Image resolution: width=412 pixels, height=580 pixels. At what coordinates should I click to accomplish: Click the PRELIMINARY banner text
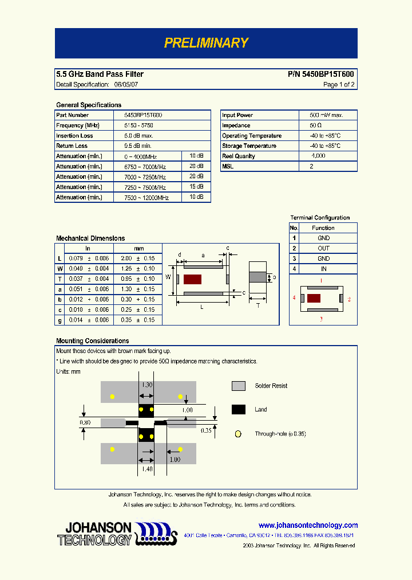206,43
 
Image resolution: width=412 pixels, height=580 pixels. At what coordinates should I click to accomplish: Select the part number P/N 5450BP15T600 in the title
321,75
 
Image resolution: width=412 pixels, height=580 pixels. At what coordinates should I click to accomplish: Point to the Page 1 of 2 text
339,85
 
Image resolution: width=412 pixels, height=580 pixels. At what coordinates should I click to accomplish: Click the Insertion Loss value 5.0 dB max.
138,136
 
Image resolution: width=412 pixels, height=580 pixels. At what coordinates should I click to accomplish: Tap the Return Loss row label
72,146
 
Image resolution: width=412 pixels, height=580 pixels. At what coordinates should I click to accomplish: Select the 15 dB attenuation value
196,187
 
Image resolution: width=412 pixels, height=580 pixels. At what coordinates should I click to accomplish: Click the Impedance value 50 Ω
315,126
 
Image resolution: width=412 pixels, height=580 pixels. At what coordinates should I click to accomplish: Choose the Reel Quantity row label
239,156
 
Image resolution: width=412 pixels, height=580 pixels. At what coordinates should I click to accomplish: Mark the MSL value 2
311,166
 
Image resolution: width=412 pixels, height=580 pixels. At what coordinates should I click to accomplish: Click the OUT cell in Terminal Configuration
323,248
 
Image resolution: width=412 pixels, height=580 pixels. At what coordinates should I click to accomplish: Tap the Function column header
323,228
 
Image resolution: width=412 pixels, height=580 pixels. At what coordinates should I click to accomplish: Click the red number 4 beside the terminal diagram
294,298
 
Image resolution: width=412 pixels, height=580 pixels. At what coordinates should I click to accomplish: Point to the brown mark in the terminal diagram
314,298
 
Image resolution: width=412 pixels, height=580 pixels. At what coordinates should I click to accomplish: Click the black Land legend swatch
239,409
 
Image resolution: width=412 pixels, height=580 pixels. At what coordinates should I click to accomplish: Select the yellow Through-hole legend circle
238,434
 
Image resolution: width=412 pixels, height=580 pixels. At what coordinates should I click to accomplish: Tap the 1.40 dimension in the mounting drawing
147,469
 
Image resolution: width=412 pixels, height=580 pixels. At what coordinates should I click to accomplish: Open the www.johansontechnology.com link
308,525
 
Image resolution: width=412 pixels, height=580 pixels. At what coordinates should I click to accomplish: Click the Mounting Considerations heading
92,341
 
